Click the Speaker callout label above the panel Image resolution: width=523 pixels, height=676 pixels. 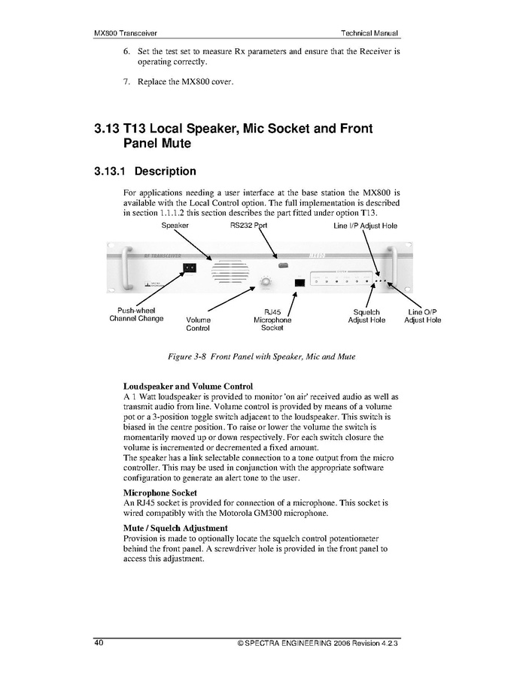coord(175,226)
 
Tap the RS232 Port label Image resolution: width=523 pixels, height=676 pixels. coord(248,226)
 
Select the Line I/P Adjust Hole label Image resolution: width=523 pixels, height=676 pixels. coord(365,226)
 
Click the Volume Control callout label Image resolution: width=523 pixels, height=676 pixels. coord(198,324)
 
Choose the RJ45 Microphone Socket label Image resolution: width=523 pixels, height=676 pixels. coord(272,320)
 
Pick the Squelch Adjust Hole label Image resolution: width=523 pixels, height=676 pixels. coord(366,316)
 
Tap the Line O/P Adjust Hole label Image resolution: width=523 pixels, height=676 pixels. coord(423,316)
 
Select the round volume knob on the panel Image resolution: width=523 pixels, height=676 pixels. coord(265,283)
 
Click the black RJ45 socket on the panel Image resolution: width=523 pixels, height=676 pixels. coord(300,282)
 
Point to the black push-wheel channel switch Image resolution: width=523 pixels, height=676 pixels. coord(190,267)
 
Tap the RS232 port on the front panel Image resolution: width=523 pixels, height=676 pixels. coord(283,265)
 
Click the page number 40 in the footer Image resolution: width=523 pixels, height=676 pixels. coord(99,644)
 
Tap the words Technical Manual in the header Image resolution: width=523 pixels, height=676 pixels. coord(369,34)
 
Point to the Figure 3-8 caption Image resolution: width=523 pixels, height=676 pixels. coord(261,356)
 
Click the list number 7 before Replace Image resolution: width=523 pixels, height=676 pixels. coord(126,81)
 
